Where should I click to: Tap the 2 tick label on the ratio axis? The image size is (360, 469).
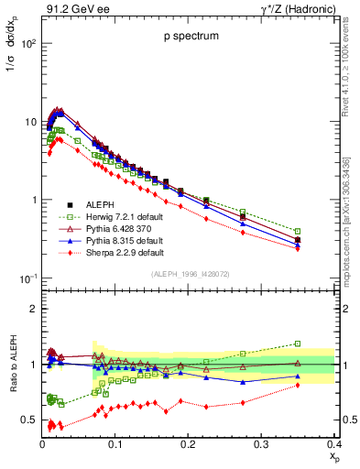point(33,309)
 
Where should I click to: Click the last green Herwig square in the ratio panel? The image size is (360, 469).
point(323,344)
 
